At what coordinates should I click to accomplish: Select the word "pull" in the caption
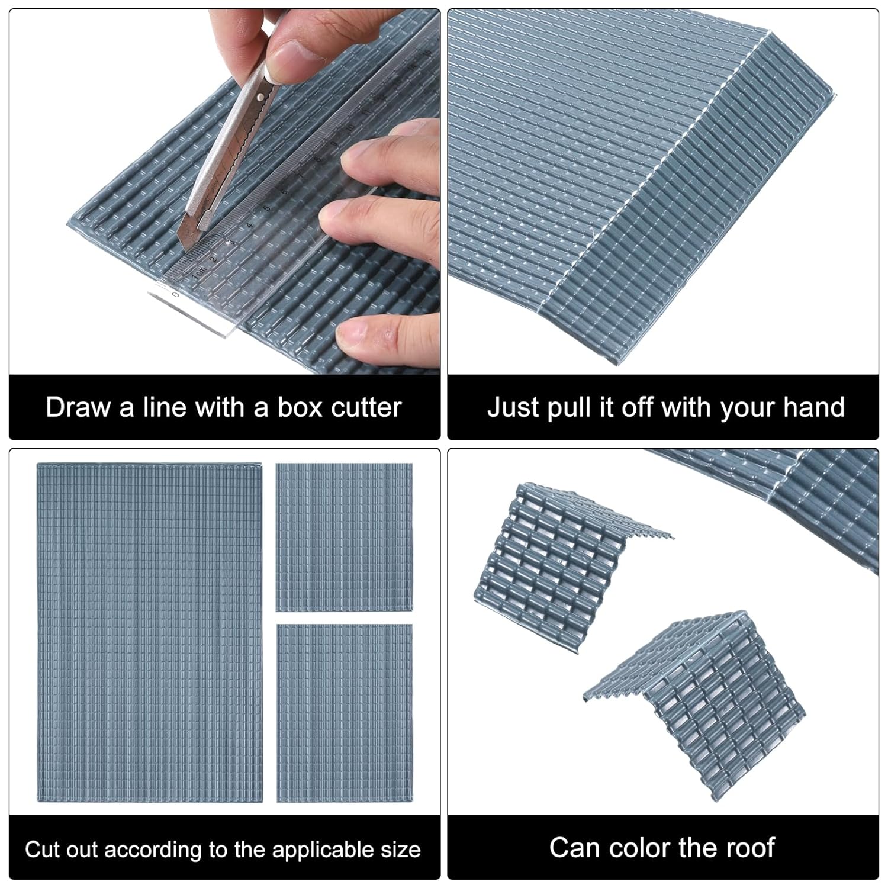point(571,408)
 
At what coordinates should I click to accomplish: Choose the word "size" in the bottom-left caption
point(400,850)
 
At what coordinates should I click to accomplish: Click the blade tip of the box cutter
point(188,247)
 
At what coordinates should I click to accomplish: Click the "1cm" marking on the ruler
point(200,274)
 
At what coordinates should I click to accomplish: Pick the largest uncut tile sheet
point(150,633)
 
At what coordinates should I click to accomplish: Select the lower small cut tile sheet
point(345,713)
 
